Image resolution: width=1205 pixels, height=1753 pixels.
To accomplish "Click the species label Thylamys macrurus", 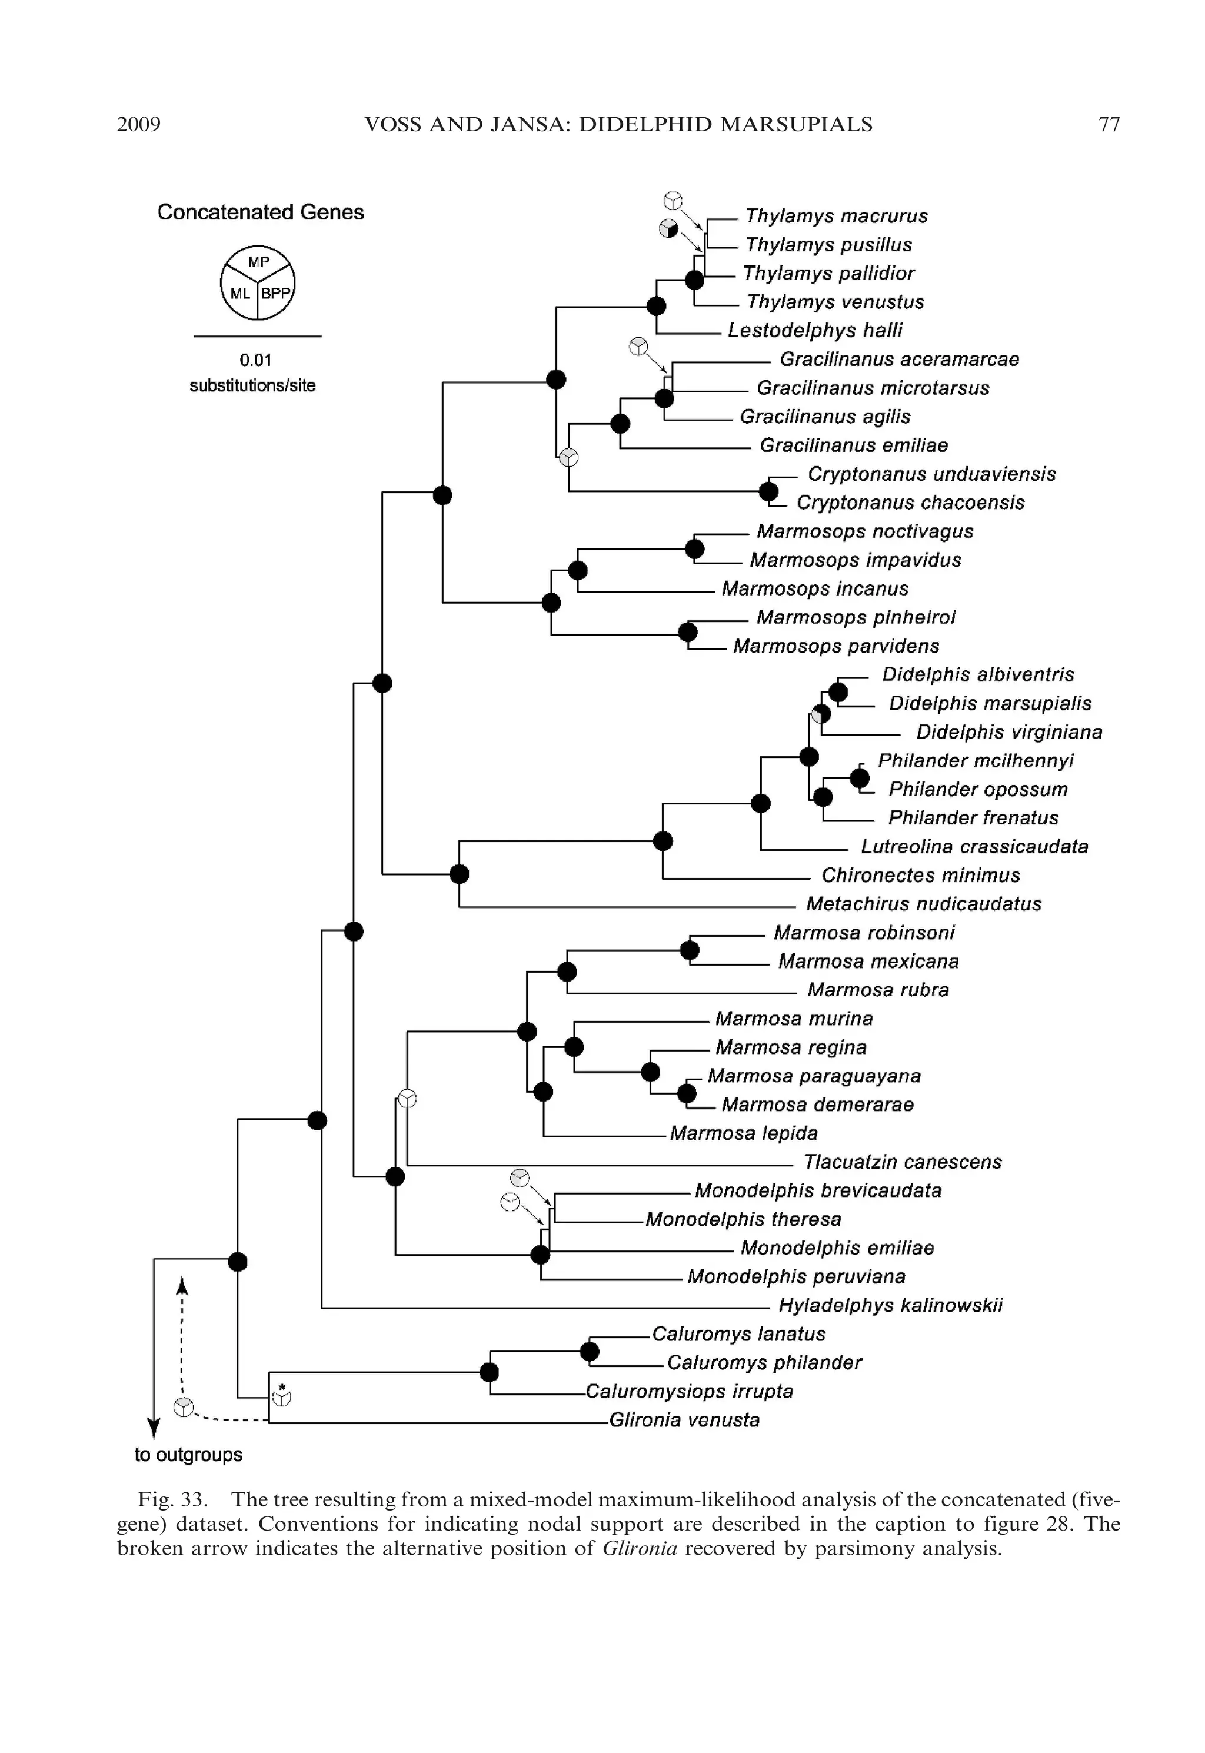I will [x=836, y=216].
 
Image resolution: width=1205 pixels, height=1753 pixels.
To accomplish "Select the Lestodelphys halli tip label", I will [x=815, y=331].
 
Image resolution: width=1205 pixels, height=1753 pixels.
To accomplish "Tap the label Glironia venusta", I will [x=684, y=1420].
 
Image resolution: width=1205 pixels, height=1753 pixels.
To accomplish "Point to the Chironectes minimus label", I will [x=920, y=875].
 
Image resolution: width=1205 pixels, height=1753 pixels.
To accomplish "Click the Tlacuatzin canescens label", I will [x=902, y=1162].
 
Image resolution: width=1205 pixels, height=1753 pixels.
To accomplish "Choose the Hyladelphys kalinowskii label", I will [x=890, y=1305].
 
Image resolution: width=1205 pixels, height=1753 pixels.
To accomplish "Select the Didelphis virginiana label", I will [x=1008, y=731].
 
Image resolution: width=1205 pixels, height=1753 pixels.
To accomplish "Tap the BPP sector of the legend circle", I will [x=275, y=294].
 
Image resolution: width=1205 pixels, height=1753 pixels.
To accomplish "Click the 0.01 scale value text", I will [x=256, y=360].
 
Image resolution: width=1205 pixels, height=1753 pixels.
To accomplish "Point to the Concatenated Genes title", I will [x=261, y=212].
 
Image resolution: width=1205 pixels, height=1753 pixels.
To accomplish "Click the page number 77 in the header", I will [x=1109, y=125].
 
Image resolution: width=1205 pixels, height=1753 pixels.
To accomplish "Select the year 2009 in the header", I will [x=139, y=125].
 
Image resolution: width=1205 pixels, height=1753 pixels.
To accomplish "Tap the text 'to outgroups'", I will [x=188, y=1455].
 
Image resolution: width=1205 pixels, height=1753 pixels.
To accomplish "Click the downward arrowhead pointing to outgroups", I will [x=154, y=1428].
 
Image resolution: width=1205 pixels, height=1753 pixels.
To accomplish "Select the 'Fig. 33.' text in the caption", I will [x=173, y=1499].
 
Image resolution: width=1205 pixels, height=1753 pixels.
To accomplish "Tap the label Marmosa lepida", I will [x=744, y=1133].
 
